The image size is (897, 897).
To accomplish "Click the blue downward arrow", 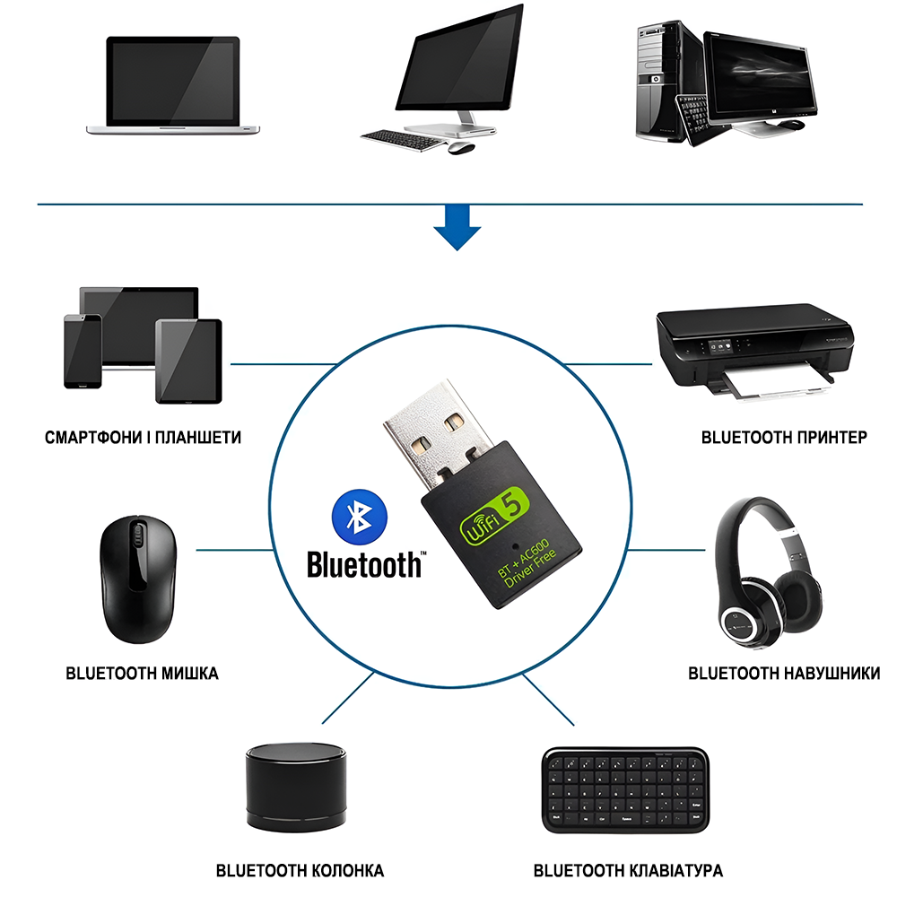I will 457,228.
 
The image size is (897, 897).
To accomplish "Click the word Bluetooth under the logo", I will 364,565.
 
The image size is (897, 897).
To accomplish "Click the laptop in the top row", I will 173,85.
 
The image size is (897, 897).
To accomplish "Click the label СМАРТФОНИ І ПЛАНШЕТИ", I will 143,439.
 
